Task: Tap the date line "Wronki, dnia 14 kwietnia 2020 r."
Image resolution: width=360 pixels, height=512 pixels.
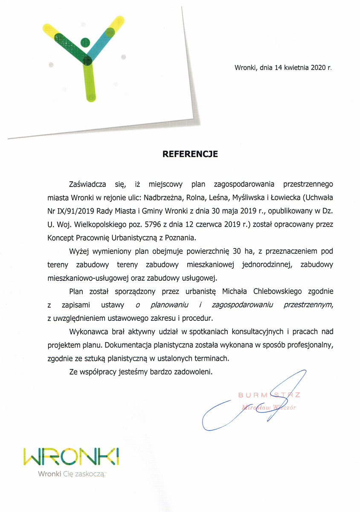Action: point(283,67)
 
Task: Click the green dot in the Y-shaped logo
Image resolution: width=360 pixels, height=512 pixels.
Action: point(85,42)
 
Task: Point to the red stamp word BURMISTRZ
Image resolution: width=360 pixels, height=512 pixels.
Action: point(269,395)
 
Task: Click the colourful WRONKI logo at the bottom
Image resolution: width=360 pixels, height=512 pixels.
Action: point(71,457)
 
